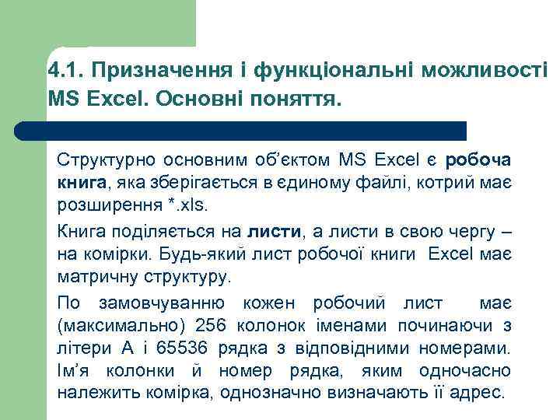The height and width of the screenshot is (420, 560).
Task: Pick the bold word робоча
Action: tap(478, 161)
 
